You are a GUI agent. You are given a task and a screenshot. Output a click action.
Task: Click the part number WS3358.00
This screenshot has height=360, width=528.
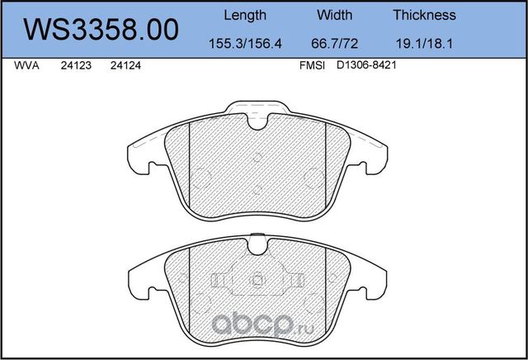point(101,30)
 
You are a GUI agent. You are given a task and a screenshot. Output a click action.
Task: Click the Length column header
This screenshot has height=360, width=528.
point(245,15)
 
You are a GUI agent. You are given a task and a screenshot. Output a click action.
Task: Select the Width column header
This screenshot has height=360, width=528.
point(335,15)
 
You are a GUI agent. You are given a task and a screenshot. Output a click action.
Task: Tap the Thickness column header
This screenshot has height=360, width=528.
point(425,15)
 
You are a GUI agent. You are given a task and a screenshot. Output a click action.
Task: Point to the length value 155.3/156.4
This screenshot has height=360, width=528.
point(245,43)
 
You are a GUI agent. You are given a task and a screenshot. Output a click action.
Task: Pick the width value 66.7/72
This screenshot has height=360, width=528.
point(335,43)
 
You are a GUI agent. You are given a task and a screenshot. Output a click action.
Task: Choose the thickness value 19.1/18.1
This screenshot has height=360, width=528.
point(425,43)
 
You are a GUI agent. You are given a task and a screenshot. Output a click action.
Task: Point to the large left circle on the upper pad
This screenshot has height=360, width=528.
point(203,177)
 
